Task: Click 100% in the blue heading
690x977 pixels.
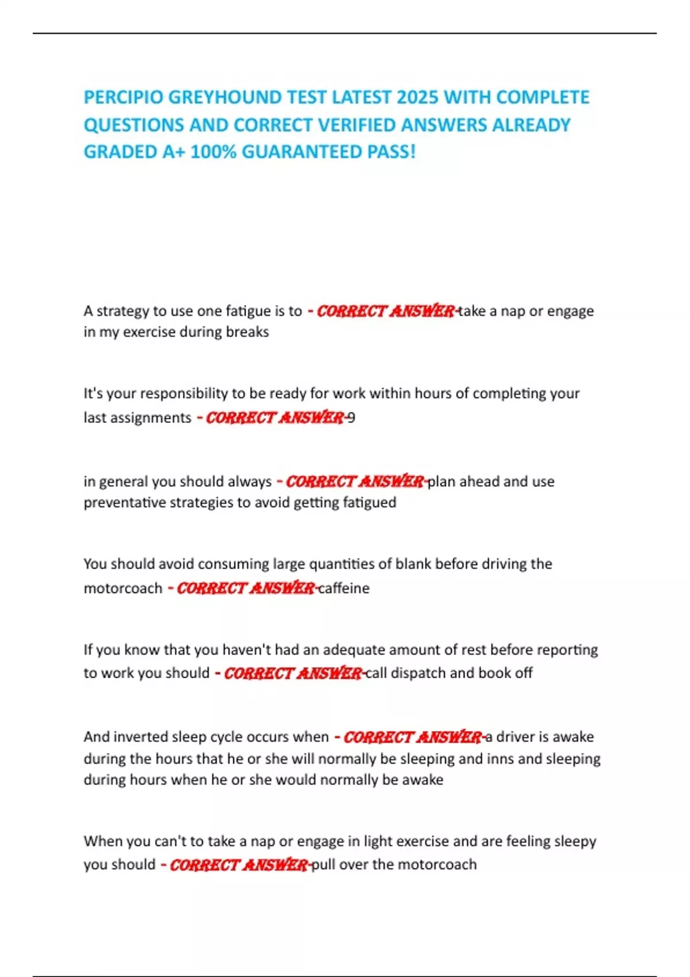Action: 213,152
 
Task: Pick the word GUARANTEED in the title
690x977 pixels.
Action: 297,152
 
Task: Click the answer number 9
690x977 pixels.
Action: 351,418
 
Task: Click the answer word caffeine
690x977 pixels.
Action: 344,588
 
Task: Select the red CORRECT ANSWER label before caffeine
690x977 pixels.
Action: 246,588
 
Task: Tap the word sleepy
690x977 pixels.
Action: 575,841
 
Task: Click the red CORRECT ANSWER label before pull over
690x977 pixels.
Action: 239,865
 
